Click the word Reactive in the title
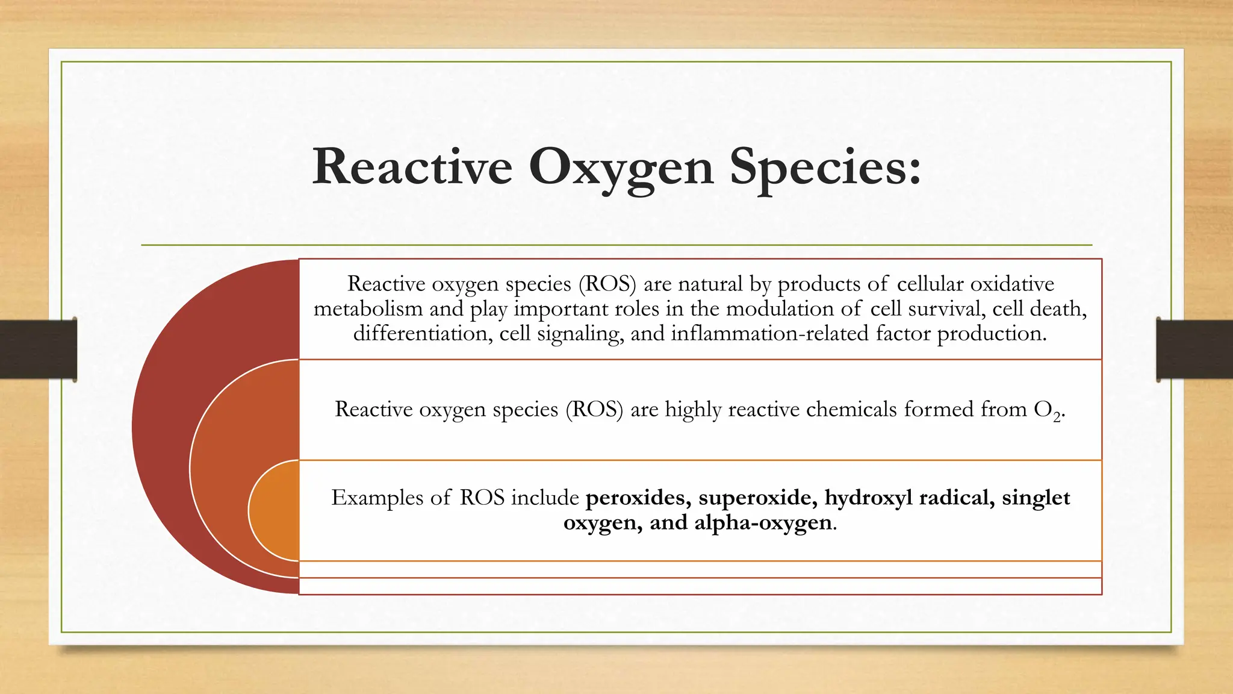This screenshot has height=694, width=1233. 412,167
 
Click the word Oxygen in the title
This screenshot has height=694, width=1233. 621,168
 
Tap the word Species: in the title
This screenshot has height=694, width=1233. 825,168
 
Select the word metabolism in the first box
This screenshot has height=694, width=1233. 368,308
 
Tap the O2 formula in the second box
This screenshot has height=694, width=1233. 1048,411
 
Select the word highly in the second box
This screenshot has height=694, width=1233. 693,410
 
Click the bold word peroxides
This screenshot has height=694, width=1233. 638,498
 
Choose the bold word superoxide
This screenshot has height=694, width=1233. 757,498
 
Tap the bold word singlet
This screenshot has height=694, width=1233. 1036,498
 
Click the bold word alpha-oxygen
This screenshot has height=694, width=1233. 763,523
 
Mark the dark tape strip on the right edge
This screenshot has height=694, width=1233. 1194,349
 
